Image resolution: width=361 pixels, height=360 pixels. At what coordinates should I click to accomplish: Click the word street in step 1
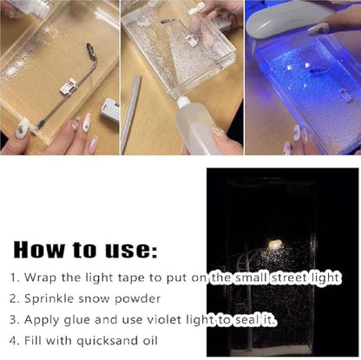(272, 278)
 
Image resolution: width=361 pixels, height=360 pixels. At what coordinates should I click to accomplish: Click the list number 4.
(14, 341)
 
